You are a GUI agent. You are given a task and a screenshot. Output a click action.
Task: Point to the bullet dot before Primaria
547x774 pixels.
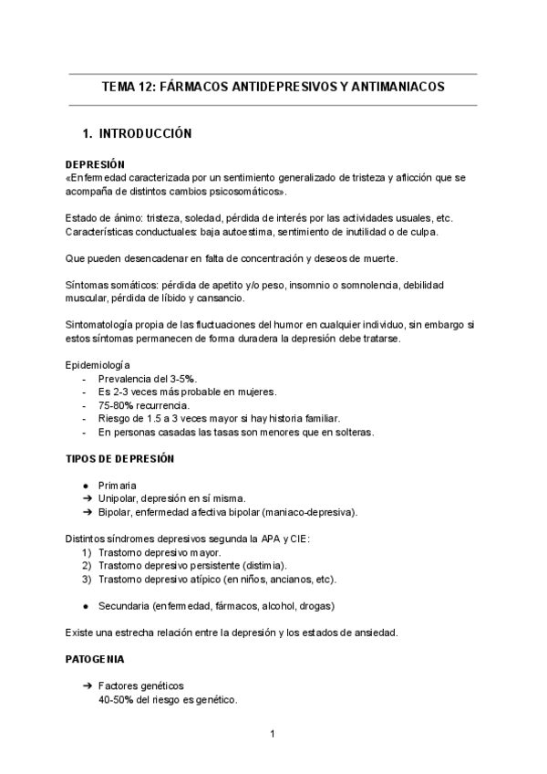[x=85, y=486]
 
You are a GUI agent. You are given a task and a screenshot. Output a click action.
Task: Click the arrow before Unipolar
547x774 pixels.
[x=85, y=499]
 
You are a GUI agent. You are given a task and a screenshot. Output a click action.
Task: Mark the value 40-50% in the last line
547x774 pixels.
[x=118, y=700]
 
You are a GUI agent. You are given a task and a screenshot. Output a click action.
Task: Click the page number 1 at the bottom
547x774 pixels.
[x=272, y=734]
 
